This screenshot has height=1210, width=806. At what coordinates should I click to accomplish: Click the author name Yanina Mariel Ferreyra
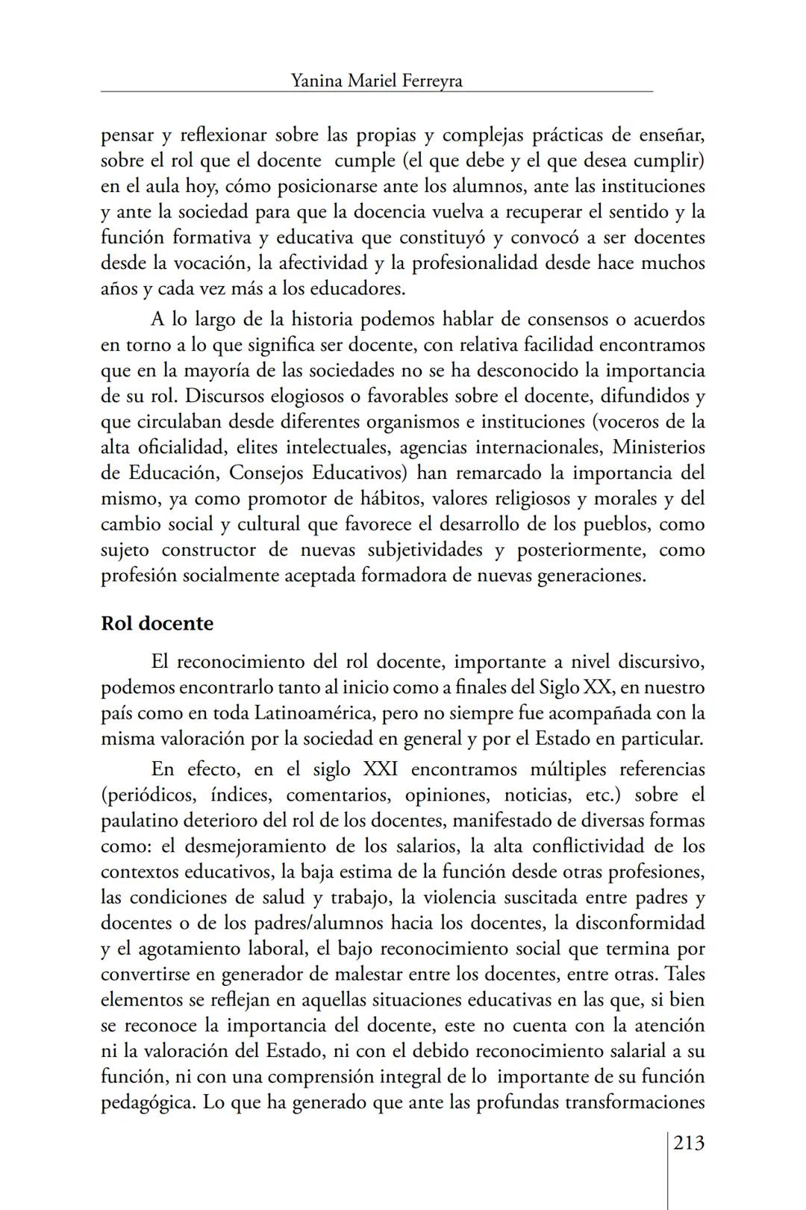376,81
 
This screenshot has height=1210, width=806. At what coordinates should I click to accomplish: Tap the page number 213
689,1143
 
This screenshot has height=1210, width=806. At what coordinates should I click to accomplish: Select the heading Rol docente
157,623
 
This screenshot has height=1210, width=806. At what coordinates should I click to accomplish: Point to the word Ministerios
659,447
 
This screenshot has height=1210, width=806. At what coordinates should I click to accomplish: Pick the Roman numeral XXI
379,769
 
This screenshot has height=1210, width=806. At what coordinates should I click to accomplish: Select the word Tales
684,974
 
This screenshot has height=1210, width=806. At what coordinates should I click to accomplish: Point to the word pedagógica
148,1102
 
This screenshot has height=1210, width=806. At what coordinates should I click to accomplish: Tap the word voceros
626,421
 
